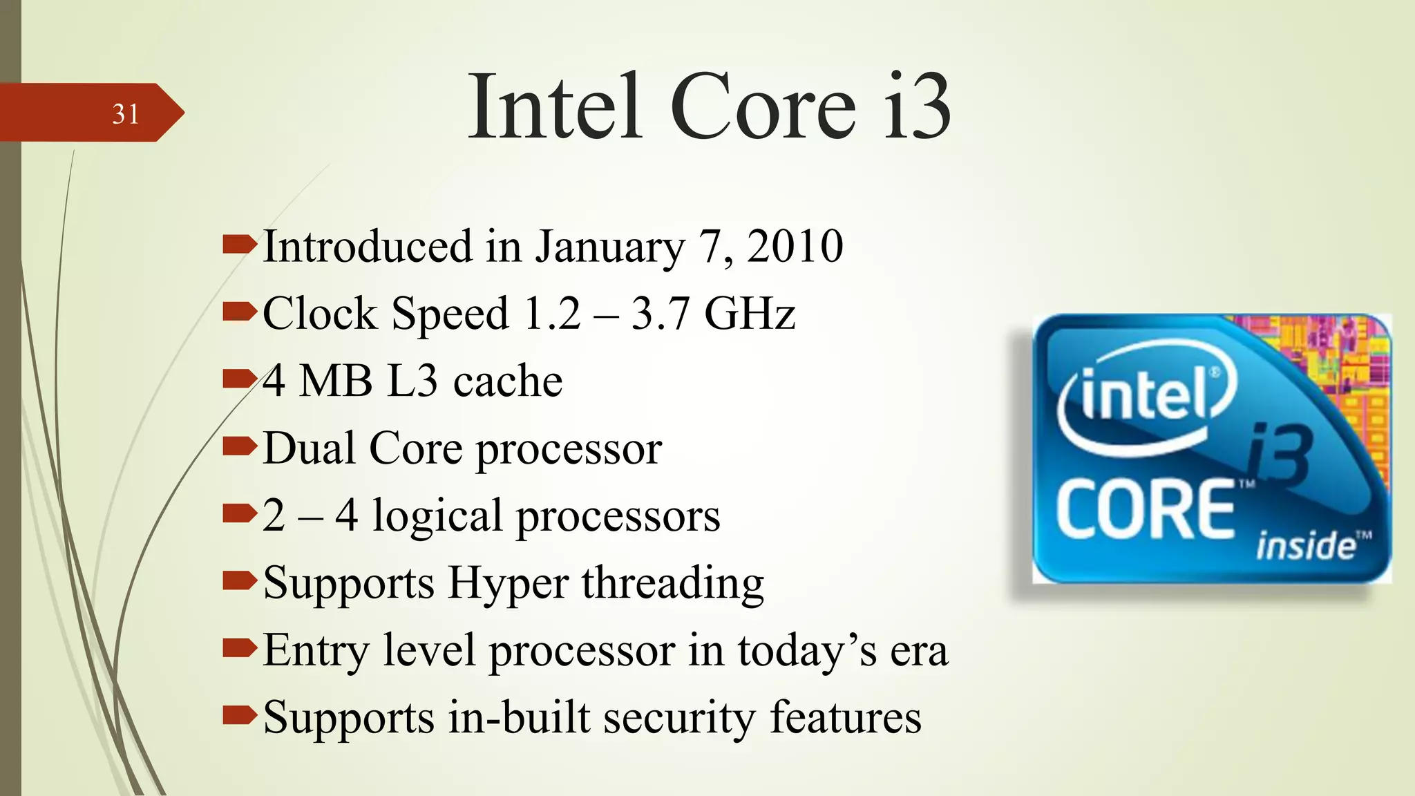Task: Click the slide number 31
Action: (x=126, y=114)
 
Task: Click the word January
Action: (x=610, y=247)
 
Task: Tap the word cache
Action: (x=508, y=381)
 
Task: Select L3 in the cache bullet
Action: (x=412, y=381)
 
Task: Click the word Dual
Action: (x=309, y=448)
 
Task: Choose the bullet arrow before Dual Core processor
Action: (x=239, y=447)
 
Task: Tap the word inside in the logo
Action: (x=1305, y=546)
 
